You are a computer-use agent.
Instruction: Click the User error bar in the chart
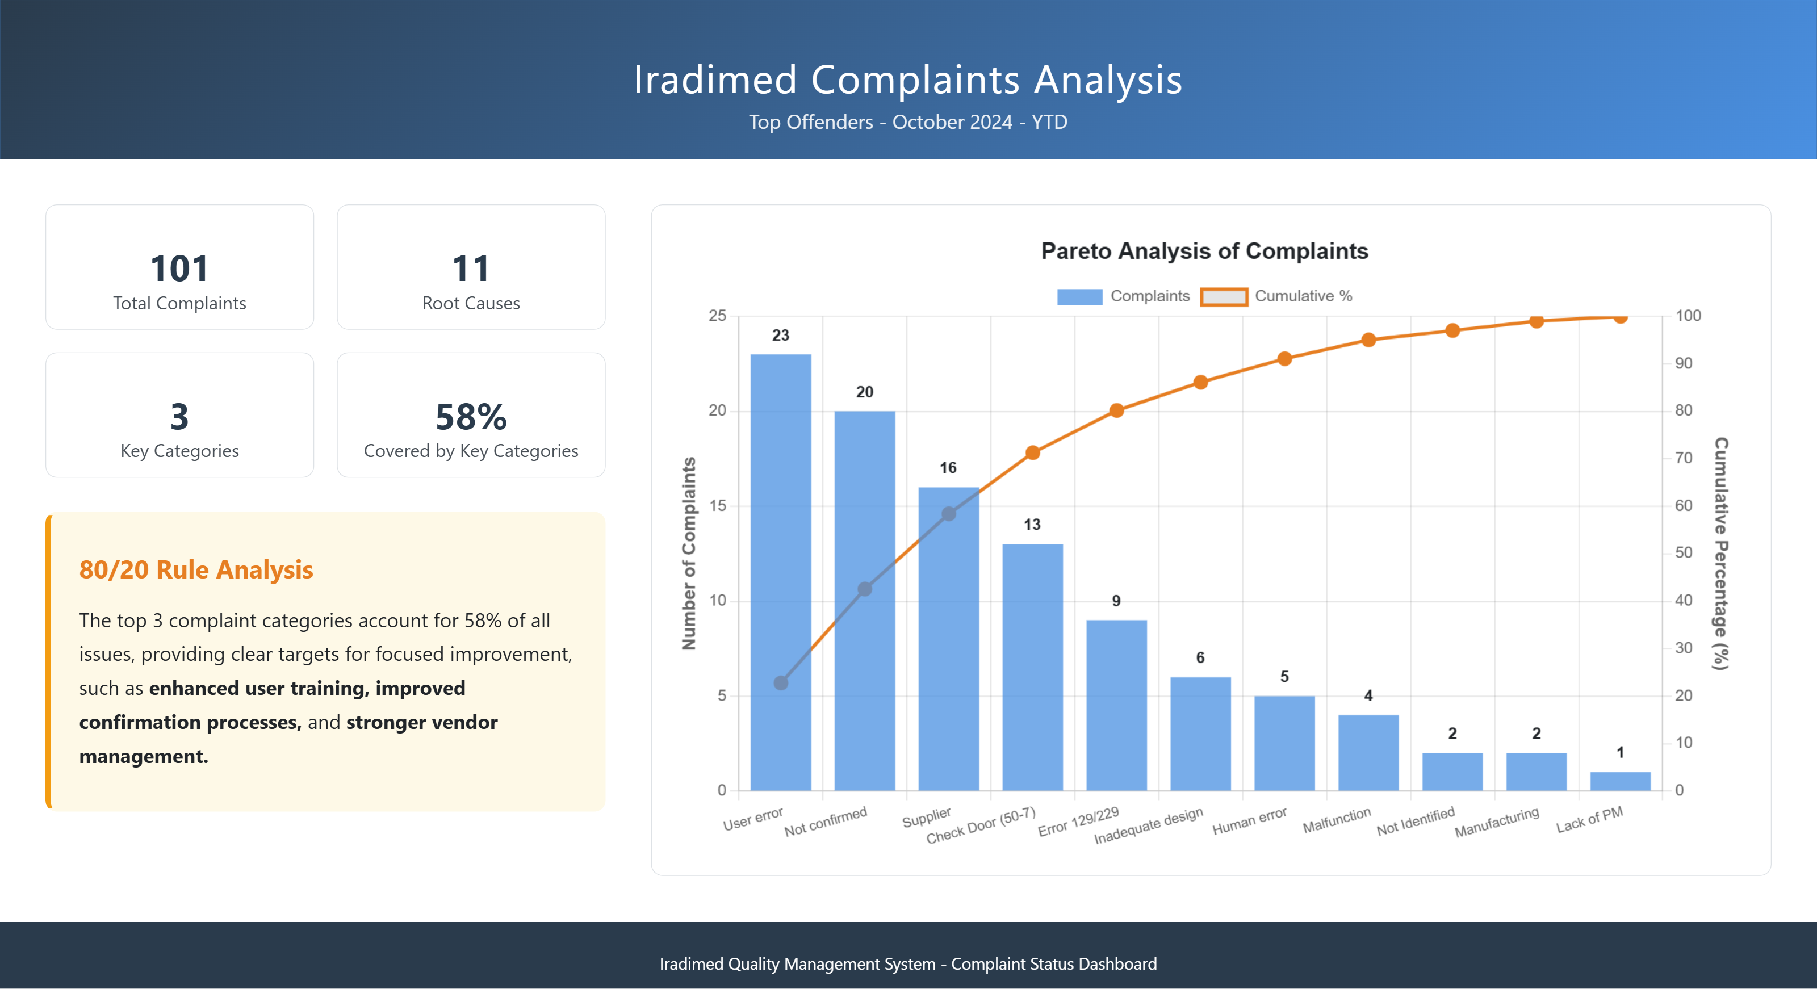click(780, 571)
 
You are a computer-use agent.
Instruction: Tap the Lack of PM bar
click(1620, 781)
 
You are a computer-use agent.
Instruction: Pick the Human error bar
click(1284, 743)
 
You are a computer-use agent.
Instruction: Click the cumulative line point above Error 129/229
click(1116, 410)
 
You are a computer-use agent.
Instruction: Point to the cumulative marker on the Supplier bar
click(949, 514)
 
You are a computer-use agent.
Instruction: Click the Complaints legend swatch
click(1079, 296)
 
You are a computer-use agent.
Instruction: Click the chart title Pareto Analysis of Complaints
click(1204, 251)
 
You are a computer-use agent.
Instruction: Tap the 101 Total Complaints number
click(179, 269)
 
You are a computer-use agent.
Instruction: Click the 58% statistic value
click(471, 417)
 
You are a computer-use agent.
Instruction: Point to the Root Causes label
click(471, 303)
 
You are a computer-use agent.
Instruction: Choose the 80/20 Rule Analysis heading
click(195, 570)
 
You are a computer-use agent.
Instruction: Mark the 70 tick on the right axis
click(1684, 458)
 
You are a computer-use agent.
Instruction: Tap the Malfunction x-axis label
click(1337, 820)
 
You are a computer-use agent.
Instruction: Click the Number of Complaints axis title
click(688, 554)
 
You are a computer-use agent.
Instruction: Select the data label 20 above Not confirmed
click(864, 392)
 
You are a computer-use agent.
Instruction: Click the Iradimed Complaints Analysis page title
click(908, 79)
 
